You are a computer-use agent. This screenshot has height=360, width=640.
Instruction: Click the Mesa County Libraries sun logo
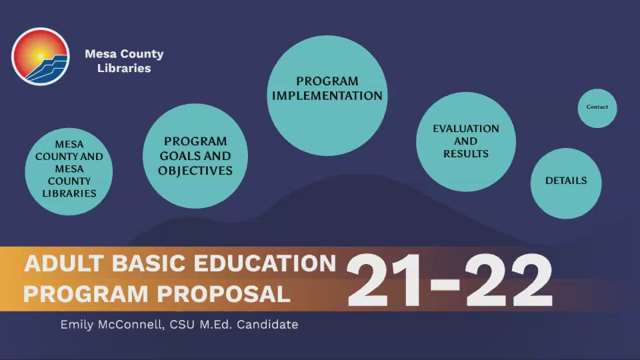pyautogui.click(x=40, y=57)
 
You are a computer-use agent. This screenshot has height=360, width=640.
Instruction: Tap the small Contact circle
pyautogui.click(x=597, y=107)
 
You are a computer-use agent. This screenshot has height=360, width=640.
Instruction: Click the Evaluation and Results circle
pyautogui.click(x=466, y=141)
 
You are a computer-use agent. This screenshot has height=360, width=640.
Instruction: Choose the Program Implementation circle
pyautogui.click(x=327, y=96)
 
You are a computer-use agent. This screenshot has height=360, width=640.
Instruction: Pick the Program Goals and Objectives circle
pyautogui.click(x=195, y=156)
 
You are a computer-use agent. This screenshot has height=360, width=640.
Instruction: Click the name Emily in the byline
pyautogui.click(x=79, y=325)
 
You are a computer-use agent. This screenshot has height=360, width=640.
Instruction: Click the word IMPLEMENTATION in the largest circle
pyautogui.click(x=327, y=96)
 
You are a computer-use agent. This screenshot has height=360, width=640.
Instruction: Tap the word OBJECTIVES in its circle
pyautogui.click(x=195, y=171)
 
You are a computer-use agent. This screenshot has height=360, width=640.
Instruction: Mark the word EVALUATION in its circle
pyautogui.click(x=466, y=129)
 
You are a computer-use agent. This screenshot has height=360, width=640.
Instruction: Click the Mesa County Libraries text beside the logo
pyautogui.click(x=124, y=61)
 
